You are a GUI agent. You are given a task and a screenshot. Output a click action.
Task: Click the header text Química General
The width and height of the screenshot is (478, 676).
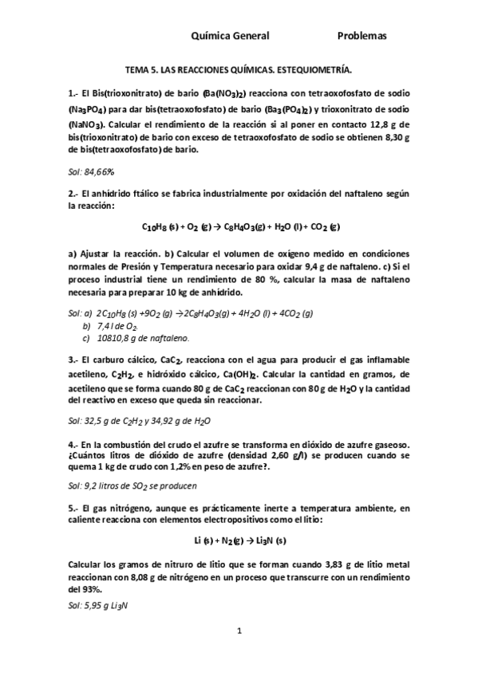pos(231,36)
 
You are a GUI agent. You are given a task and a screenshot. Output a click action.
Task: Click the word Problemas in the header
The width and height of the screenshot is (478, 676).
pos(361,36)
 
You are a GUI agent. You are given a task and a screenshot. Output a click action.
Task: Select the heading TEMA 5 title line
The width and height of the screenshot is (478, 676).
pos(239,70)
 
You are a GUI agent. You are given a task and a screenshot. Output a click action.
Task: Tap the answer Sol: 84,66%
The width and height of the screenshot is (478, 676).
pos(91,171)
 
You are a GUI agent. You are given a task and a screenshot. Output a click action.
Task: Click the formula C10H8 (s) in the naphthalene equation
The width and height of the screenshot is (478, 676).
pos(159,226)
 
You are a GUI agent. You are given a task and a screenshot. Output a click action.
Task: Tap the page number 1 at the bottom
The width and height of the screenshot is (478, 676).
pos(239,631)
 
